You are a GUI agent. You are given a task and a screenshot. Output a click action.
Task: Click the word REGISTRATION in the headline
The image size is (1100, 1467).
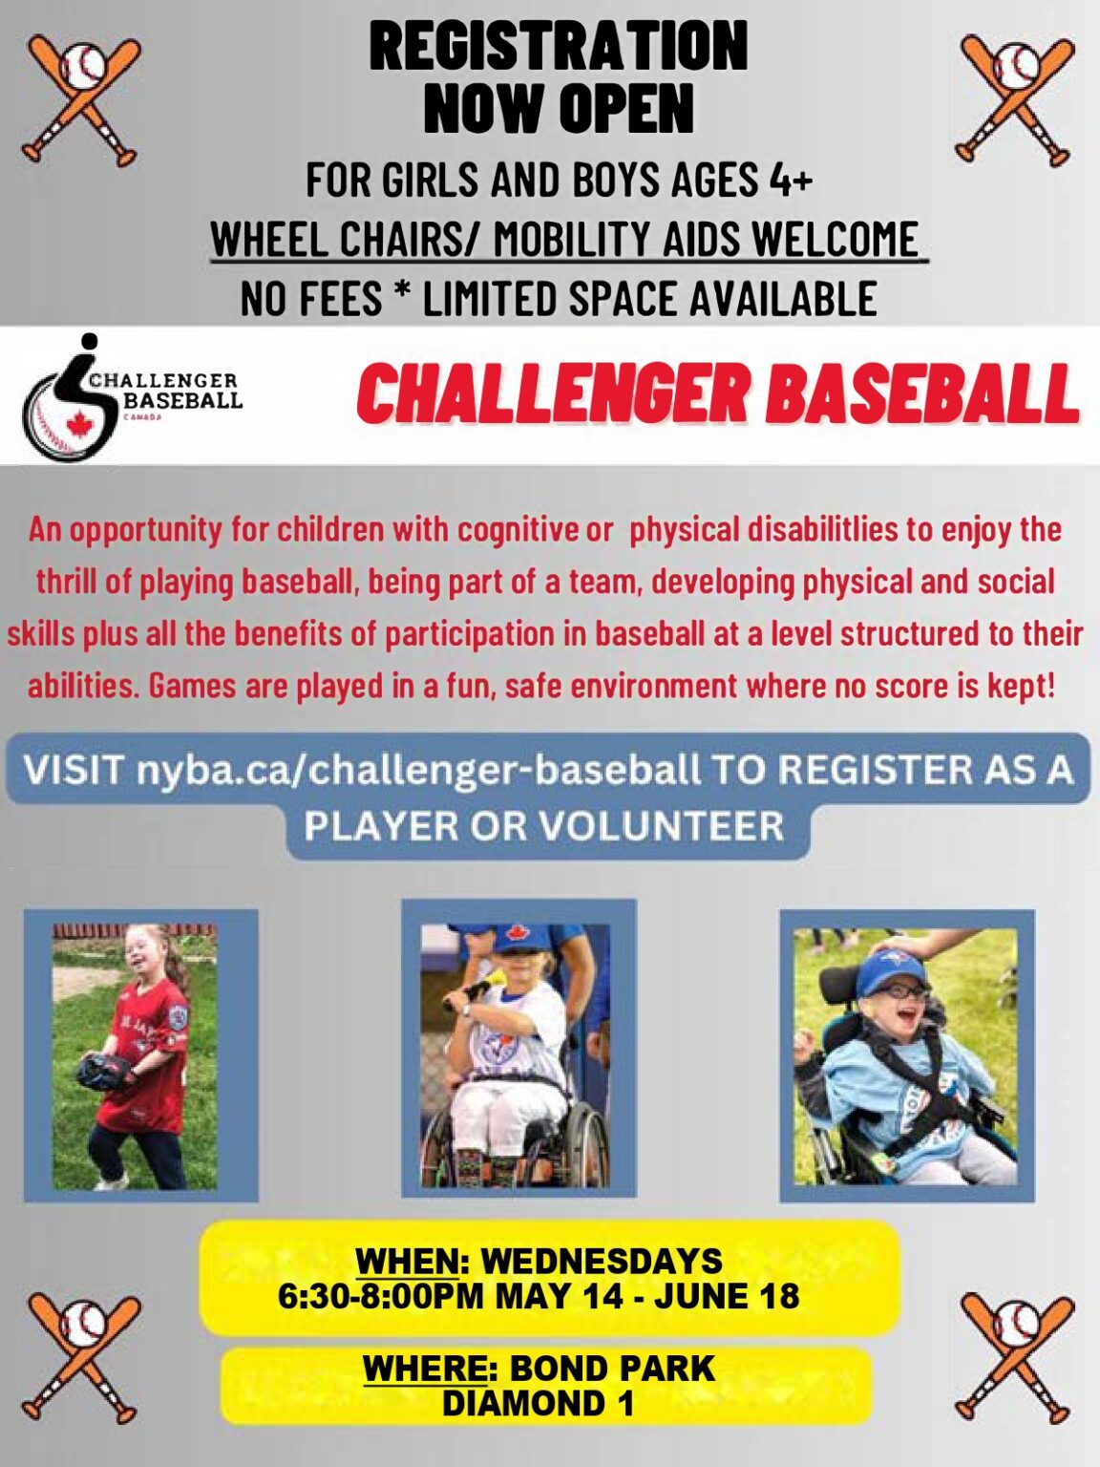click(559, 46)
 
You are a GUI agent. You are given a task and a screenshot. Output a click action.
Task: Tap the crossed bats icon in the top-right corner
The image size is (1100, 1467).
click(1015, 99)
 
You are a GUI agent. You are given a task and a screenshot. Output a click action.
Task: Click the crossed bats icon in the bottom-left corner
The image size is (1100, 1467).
click(81, 1355)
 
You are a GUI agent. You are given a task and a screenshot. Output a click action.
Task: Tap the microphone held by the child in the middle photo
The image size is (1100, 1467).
click(489, 983)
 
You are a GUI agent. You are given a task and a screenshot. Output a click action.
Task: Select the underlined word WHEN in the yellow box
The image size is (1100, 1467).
click(407, 1261)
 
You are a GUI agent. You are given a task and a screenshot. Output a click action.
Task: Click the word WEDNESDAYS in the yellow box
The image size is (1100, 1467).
click(602, 1261)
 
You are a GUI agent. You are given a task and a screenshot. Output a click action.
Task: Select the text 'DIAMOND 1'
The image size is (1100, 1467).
click(539, 1403)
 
